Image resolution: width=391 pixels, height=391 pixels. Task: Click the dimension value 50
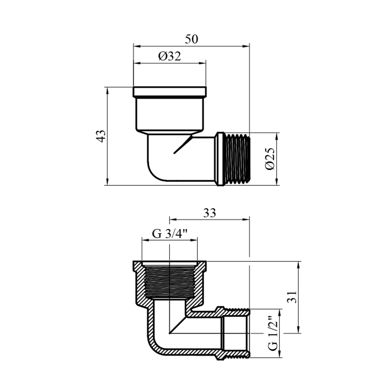coord(192,39)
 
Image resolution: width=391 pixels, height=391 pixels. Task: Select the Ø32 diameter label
coord(169,56)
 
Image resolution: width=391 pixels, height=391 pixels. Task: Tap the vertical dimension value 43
coord(101,136)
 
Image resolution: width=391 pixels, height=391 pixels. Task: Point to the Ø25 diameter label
coord(270,159)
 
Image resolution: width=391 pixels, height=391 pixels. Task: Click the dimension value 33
coord(210,213)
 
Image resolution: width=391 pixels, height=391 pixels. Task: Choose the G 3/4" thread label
coord(170,234)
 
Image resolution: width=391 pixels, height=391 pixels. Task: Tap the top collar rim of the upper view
coord(170,91)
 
